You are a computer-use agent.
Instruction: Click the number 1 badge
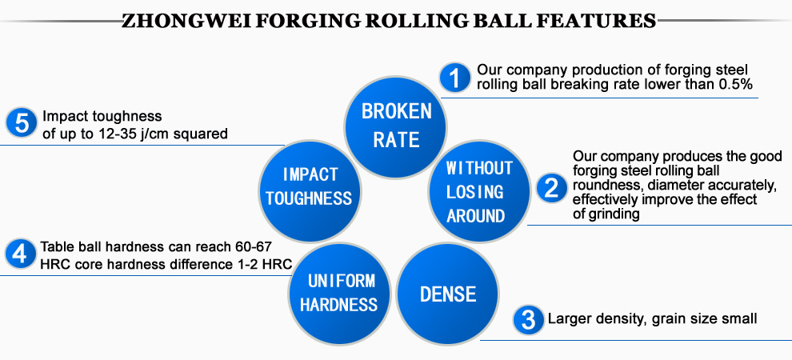pos(456,78)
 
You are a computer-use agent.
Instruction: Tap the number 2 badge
pos(551,188)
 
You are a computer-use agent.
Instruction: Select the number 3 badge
pos(528,320)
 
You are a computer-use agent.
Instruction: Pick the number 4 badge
pos(20,254)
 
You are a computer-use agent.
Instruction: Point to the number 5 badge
pos(22,123)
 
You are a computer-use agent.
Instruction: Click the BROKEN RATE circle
pos(395,126)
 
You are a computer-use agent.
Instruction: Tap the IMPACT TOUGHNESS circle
pos(310,190)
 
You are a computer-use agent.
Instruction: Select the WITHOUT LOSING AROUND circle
pos(479,191)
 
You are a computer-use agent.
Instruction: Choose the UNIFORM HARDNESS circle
pos(339,294)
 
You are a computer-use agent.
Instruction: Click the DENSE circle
pos(447,294)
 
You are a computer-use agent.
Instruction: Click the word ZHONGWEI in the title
pos(188,21)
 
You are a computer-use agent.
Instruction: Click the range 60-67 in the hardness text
pos(254,247)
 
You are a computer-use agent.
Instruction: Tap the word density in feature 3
pos(618,319)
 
